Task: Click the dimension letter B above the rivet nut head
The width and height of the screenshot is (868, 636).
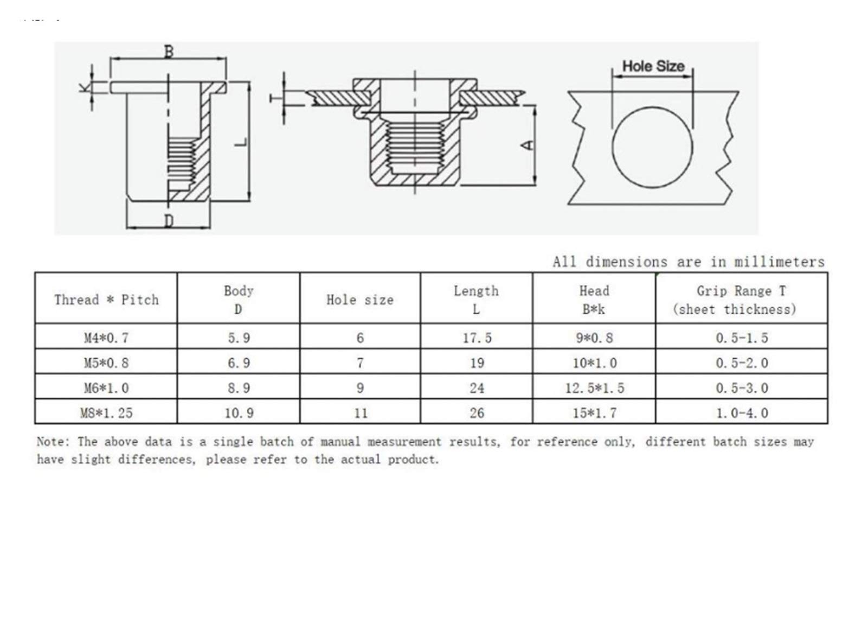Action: [x=169, y=52]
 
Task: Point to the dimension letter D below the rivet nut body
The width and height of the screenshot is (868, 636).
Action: [x=169, y=221]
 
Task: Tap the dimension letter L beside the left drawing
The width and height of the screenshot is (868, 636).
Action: [x=241, y=142]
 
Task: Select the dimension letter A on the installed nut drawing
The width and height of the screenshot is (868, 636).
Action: [x=528, y=145]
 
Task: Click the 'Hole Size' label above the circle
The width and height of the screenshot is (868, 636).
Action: [x=653, y=66]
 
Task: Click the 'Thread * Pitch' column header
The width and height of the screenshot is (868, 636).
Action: [x=107, y=300]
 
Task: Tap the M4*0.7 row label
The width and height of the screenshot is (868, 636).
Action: [x=106, y=338]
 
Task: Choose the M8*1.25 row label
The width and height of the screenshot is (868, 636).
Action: [x=107, y=413]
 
